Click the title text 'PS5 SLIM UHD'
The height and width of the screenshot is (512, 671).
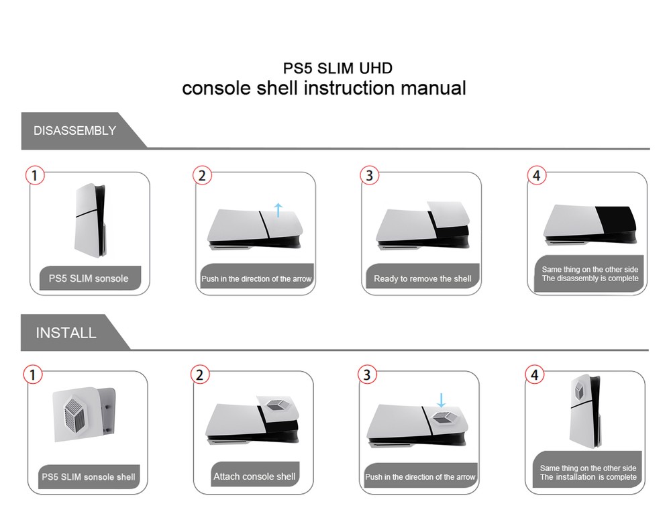[x=337, y=68]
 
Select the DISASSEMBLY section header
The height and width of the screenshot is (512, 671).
[x=74, y=131]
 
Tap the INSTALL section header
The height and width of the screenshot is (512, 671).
[x=66, y=333]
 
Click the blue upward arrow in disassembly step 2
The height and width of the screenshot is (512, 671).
[x=279, y=209]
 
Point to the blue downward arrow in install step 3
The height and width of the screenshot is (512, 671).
[x=441, y=400]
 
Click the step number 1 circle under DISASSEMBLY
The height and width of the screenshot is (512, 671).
[x=35, y=176]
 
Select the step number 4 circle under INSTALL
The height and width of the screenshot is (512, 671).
[x=534, y=375]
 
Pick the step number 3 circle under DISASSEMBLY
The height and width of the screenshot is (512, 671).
[x=368, y=176]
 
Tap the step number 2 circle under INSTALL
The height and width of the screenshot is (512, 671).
[x=200, y=375]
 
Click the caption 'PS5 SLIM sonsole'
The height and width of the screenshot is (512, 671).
[x=89, y=278]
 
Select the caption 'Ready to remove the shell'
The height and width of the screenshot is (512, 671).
[x=422, y=278]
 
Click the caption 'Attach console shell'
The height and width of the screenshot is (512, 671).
[x=254, y=476]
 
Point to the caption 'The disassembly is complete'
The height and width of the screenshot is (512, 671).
[x=590, y=278]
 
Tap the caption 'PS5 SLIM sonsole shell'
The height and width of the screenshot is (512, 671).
[x=89, y=477]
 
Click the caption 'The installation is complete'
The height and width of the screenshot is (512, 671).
[x=588, y=477]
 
